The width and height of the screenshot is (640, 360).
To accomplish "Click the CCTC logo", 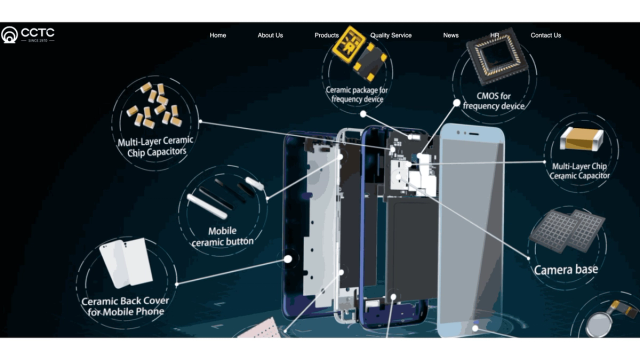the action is pyautogui.click(x=27, y=35).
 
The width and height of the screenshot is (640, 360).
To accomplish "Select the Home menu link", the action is pyautogui.click(x=218, y=36).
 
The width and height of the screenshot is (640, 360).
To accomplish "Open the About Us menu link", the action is pyautogui.click(x=270, y=36).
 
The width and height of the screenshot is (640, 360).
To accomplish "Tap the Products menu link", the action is pyautogui.click(x=326, y=36).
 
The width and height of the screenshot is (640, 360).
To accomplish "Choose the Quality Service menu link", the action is pyautogui.click(x=391, y=36).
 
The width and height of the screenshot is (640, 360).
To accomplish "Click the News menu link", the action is pyautogui.click(x=451, y=36).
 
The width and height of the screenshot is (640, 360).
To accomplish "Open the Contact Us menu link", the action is pyautogui.click(x=546, y=36).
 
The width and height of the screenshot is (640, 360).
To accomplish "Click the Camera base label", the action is pyautogui.click(x=566, y=269).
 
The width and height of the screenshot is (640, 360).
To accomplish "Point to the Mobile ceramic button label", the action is pyautogui.click(x=222, y=237).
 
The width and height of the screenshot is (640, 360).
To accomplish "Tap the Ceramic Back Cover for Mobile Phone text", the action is pyautogui.click(x=125, y=307).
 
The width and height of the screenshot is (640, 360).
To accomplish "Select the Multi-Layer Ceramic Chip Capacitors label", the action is pyautogui.click(x=155, y=147).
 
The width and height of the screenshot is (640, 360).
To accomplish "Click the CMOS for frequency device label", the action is pyautogui.click(x=493, y=101).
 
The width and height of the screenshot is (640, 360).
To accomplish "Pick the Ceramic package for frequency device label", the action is pyautogui.click(x=357, y=94).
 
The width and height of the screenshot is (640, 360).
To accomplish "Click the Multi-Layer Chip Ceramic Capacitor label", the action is pyautogui.click(x=579, y=171).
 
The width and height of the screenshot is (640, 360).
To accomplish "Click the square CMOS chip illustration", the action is pyautogui.click(x=497, y=55).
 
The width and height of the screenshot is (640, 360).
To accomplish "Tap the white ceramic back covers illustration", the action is pyautogui.click(x=126, y=263).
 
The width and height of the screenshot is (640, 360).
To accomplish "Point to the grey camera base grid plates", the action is pyautogui.click(x=567, y=231).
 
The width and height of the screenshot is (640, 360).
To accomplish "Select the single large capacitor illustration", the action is pyautogui.click(x=581, y=139).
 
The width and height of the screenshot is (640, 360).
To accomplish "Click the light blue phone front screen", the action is pyautogui.click(x=471, y=229).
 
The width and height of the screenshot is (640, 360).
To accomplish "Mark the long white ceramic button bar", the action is pyautogui.click(x=207, y=207).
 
